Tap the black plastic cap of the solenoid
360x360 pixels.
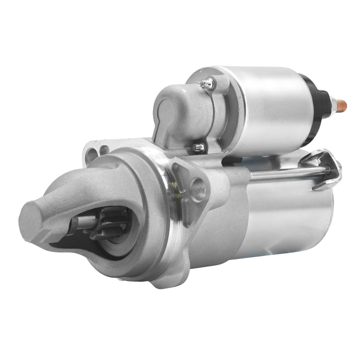[321, 97]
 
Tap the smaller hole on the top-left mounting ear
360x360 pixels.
[104, 149]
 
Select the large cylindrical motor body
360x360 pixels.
[279, 216]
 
